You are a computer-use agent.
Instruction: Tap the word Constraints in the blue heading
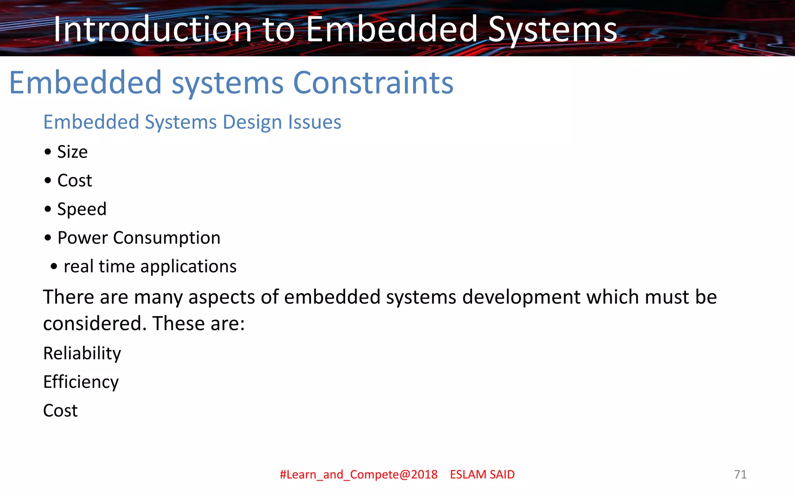(x=373, y=83)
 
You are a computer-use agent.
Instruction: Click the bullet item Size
(x=72, y=152)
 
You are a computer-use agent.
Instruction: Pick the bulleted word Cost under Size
(x=75, y=181)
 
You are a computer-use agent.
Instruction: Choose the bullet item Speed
(x=82, y=209)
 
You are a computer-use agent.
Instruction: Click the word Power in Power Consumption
(x=82, y=238)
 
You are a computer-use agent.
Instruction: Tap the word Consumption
(x=167, y=238)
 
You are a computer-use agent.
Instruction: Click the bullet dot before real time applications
(x=54, y=267)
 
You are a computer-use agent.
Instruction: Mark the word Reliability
(x=82, y=353)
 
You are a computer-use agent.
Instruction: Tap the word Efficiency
(x=81, y=382)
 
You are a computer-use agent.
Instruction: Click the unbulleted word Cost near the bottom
(x=60, y=411)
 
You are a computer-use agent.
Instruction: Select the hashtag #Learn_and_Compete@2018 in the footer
(x=358, y=474)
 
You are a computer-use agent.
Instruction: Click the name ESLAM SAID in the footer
(x=482, y=474)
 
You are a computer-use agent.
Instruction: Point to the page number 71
(x=740, y=474)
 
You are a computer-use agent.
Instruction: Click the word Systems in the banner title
(x=552, y=30)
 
